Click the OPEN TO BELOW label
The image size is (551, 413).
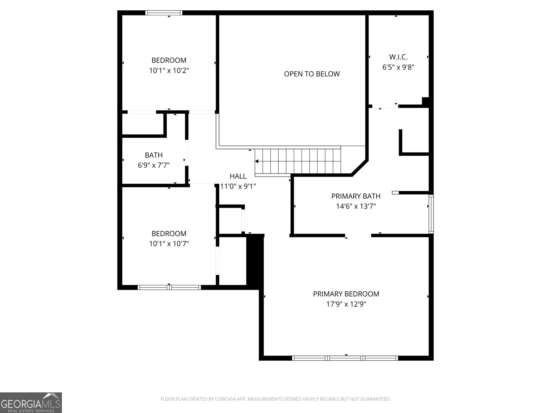pos(312,74)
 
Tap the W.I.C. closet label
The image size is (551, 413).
pos(398,57)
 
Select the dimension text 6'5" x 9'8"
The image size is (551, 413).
pos(398,67)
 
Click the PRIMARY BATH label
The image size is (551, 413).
pos(356,196)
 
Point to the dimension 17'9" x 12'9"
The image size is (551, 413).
pos(346,304)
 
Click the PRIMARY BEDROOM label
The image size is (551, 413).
pos(346,294)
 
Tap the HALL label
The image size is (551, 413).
pos(238,176)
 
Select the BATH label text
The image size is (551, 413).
pos(154,155)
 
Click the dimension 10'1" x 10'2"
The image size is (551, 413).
pos(169,71)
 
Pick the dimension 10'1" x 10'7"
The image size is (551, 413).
pos(169,244)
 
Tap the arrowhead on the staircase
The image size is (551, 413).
pos(257,161)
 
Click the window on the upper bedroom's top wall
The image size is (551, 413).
pos(164,13)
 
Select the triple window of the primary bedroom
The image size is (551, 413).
pos(345,358)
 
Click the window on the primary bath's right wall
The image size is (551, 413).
pos(431,214)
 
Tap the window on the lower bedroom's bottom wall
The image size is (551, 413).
pos(169,287)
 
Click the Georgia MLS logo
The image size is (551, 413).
pos(31,403)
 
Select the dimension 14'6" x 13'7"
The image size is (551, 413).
pos(356,206)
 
